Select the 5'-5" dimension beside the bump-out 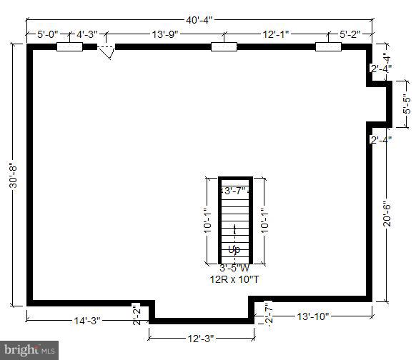tap(405, 104)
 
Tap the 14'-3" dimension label tap(88, 321)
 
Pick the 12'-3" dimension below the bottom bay tap(200, 337)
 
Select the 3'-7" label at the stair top tap(235, 191)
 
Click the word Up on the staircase tap(234, 249)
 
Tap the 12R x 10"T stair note tap(234, 279)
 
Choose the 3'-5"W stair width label tap(234, 269)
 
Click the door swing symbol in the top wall tap(107, 52)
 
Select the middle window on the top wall tap(223, 47)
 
